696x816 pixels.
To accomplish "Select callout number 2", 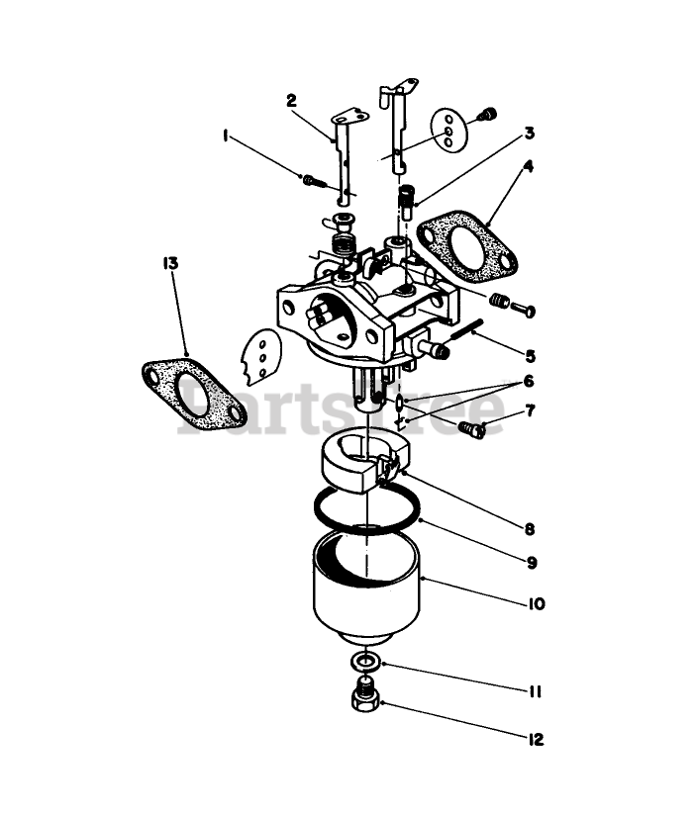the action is (x=291, y=100).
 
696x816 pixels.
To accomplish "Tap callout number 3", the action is (x=529, y=133).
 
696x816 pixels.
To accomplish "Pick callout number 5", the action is (x=531, y=355).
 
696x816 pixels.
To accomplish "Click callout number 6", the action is (x=529, y=381).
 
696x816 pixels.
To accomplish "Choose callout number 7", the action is (x=530, y=409).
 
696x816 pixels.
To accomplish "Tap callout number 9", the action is (x=532, y=562).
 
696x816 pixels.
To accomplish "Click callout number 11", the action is (x=535, y=691).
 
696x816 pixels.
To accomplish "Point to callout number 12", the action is (x=536, y=739).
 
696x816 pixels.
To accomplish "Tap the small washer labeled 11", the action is (x=366, y=661).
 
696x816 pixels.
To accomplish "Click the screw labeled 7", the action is (x=474, y=428).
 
